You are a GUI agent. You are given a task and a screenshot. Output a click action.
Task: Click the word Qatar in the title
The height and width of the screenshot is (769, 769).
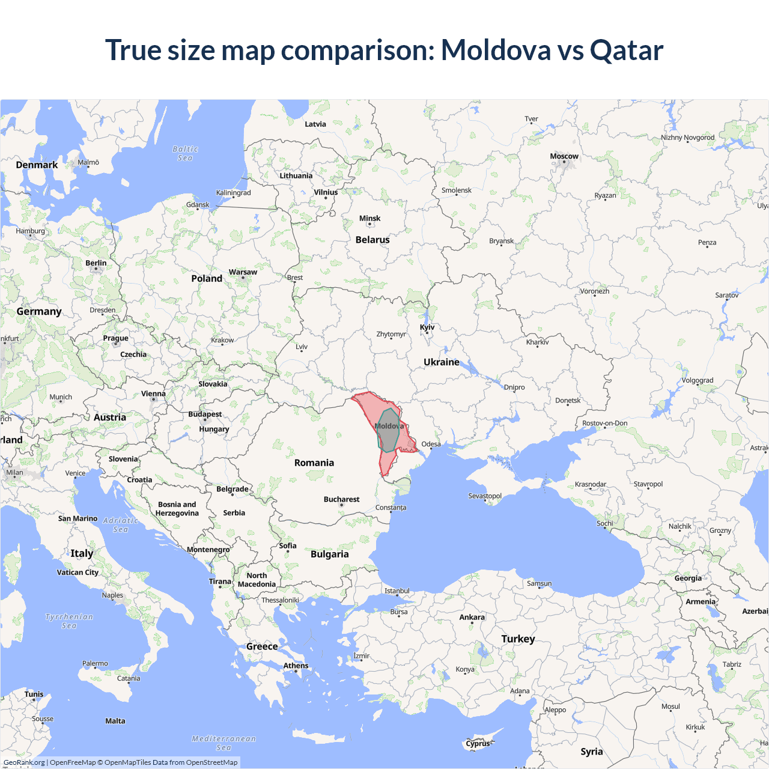(627, 50)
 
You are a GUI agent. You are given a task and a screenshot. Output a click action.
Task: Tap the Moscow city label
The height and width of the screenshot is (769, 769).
(564, 156)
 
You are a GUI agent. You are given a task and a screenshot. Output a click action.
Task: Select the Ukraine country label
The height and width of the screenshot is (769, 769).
(441, 362)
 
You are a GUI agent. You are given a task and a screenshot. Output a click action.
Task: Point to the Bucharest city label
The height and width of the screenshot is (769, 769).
(341, 499)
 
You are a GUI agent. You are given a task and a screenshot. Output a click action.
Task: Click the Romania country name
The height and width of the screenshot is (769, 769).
(314, 463)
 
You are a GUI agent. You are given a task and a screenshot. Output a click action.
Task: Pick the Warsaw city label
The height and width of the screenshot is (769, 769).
(243, 272)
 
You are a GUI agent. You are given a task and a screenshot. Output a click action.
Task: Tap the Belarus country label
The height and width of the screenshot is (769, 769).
(372, 240)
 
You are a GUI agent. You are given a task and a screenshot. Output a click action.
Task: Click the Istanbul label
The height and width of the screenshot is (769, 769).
(397, 591)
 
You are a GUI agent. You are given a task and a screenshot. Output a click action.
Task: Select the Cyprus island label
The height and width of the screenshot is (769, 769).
(478, 743)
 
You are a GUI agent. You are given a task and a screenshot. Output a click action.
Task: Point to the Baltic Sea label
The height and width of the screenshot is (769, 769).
(185, 153)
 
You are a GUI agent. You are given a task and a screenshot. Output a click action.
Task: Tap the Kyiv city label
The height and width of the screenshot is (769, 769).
(427, 327)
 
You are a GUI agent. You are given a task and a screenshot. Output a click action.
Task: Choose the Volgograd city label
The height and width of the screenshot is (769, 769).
(697, 380)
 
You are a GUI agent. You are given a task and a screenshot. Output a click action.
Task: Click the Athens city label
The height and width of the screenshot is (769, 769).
(296, 666)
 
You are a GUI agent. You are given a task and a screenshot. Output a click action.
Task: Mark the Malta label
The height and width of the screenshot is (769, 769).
(115, 721)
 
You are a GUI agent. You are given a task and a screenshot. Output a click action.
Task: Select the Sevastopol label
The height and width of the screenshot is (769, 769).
(485, 496)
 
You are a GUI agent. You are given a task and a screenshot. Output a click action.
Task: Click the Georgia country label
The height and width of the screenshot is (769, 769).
(688, 578)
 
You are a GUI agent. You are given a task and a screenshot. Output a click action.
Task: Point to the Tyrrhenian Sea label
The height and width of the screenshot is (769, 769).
(69, 621)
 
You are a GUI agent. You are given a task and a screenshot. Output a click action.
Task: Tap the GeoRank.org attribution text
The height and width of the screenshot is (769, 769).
(24, 762)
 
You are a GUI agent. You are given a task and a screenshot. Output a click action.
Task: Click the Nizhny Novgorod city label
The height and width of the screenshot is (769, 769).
(688, 138)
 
